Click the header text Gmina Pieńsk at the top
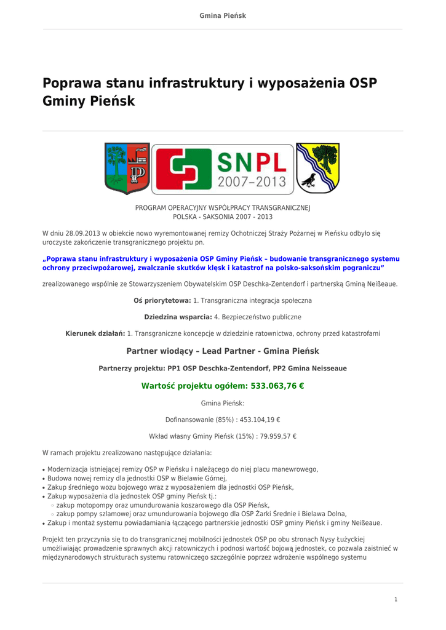pos(223,15)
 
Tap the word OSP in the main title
pos(363,83)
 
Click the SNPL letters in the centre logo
pos(252,162)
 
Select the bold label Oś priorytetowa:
pos(162,300)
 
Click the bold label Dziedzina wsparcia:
pos(178,317)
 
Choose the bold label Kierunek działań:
pos(95,333)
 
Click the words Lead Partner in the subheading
pos(230,351)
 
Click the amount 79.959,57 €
pos(274,436)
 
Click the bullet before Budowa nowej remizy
pos(44,479)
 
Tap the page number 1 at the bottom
pos(396,599)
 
